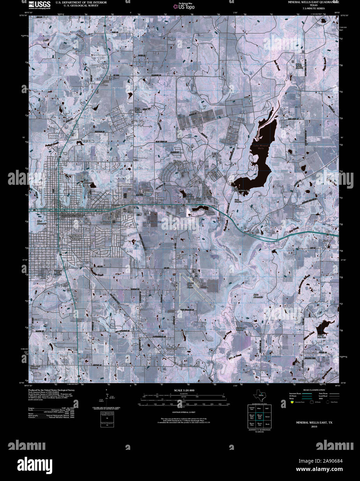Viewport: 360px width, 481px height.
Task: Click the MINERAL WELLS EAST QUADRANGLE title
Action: tap(314, 2)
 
